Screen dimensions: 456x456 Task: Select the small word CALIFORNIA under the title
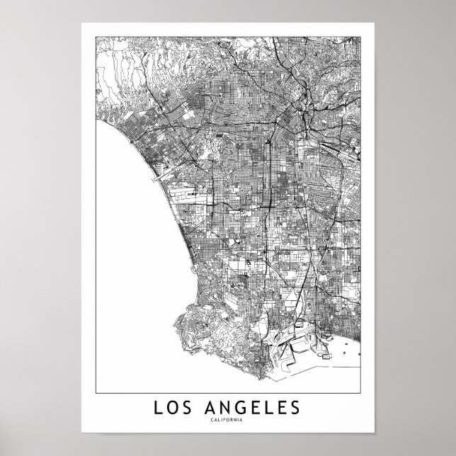click(228, 423)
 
